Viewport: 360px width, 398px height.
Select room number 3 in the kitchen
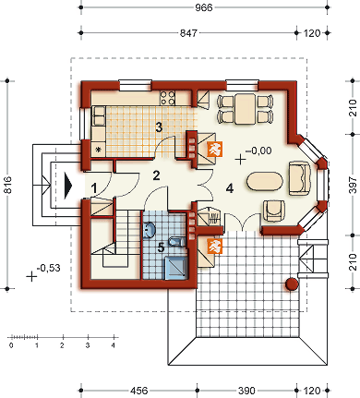[159, 127]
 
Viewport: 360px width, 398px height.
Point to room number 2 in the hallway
[157, 175]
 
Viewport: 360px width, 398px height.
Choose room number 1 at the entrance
[94, 187]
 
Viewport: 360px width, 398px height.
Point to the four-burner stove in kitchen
[169, 96]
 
